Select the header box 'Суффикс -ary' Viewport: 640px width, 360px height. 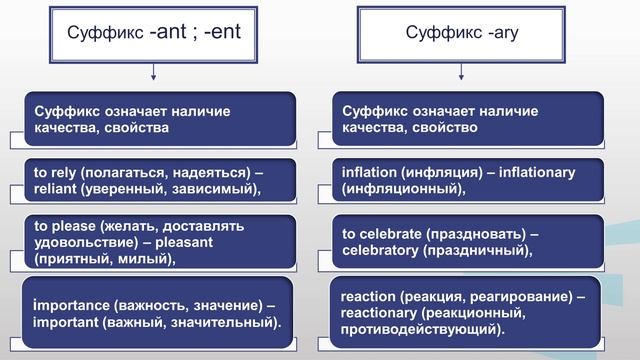tap(462, 32)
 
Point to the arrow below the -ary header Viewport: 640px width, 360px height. tap(462, 72)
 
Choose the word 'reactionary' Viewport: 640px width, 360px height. tap(381, 314)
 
